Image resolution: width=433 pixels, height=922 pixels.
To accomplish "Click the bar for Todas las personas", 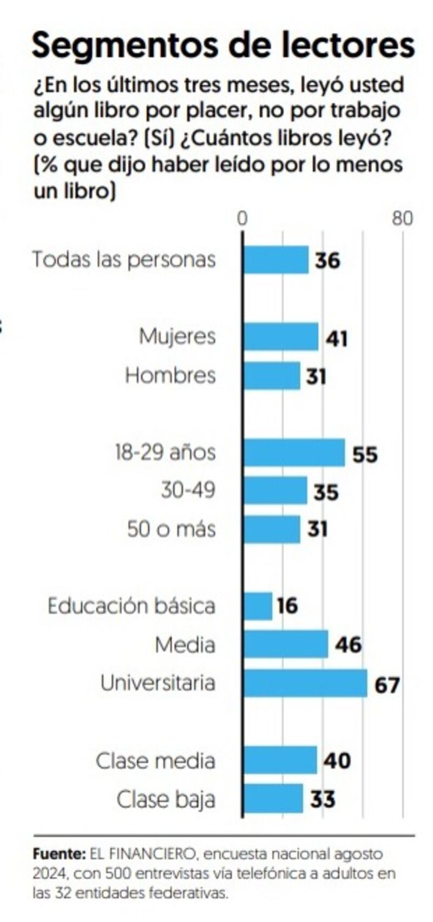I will (275, 260).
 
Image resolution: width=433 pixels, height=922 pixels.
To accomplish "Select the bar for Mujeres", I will (280, 337).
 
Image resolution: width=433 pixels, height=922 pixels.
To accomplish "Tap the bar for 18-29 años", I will (293, 453).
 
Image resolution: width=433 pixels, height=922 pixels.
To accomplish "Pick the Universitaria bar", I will (305, 683).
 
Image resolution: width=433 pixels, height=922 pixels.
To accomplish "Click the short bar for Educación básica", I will (258, 606).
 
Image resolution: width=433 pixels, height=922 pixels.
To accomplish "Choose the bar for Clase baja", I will (273, 799).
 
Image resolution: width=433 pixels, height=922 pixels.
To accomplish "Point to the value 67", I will (387, 685).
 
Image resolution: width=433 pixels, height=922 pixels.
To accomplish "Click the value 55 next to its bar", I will (365, 454).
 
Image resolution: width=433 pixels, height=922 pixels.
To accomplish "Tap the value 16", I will (287, 606).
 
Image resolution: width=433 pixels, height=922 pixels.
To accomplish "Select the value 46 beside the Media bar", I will (348, 645).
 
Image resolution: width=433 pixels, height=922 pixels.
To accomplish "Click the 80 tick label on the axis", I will (402, 218).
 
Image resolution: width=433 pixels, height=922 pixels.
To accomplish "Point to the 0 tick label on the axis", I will (242, 218).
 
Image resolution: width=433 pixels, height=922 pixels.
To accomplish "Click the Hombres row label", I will (170, 375).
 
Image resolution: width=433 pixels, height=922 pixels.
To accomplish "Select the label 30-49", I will (188, 490).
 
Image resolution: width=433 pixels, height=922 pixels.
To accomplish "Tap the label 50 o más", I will (171, 529).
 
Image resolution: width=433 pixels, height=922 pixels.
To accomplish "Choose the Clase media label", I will (155, 761).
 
